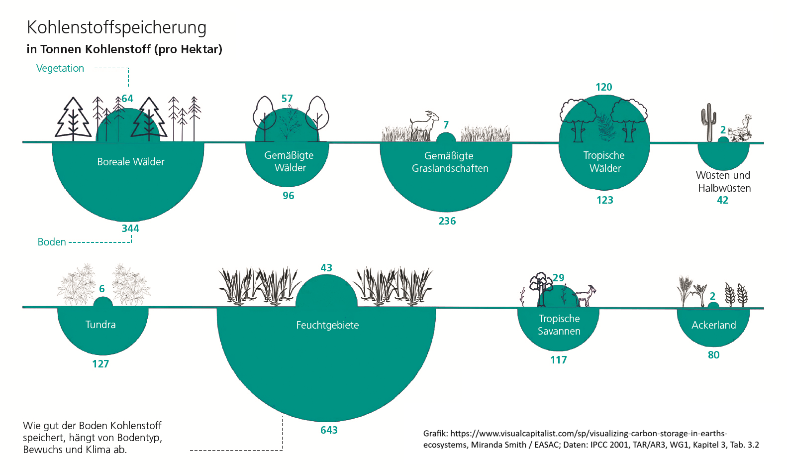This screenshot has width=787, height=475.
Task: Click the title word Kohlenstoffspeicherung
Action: pyautogui.click(x=116, y=28)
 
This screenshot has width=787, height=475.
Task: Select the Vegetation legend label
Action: pyautogui.click(x=60, y=68)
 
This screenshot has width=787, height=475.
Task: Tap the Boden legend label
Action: pyautogui.click(x=52, y=242)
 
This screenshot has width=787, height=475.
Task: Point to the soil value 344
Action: pyautogui.click(x=130, y=229)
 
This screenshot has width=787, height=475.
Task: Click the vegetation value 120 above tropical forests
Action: pyautogui.click(x=604, y=87)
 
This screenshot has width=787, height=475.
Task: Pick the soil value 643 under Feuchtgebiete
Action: pyautogui.click(x=329, y=430)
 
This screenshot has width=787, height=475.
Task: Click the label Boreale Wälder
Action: pyautogui.click(x=131, y=162)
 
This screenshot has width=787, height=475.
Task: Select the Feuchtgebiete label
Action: pyautogui.click(x=327, y=325)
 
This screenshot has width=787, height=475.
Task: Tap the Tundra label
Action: pyautogui.click(x=100, y=325)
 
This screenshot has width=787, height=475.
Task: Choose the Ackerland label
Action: pyautogui.click(x=713, y=325)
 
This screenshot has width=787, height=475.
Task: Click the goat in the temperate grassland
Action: pyautogui.click(x=424, y=125)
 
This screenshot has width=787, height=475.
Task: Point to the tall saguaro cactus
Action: pyautogui.click(x=708, y=121)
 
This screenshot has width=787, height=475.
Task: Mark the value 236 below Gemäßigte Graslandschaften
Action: pyautogui.click(x=447, y=221)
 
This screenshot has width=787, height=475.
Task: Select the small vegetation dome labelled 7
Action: pyautogui.click(x=446, y=137)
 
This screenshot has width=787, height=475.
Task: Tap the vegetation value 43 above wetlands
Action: pyautogui.click(x=326, y=268)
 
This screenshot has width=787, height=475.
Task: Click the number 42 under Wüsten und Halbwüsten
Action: pyautogui.click(x=722, y=200)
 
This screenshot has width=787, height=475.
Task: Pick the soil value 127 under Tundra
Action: pyautogui.click(x=100, y=364)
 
